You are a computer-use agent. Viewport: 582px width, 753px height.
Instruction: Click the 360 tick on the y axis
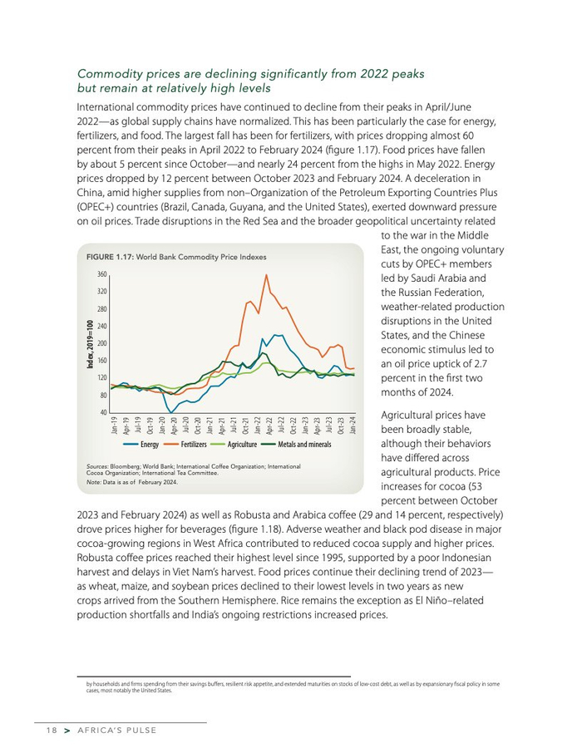point(101,274)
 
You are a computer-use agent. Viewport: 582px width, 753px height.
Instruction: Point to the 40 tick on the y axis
point(103,412)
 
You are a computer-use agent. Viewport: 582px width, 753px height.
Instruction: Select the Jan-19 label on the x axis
point(114,426)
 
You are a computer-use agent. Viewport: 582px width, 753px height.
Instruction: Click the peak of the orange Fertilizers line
point(266,275)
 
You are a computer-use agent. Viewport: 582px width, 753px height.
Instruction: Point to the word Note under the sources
point(95,482)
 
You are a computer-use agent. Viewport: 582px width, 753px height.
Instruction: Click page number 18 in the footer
point(52,731)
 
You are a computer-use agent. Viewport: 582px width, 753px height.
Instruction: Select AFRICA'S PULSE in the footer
point(116,731)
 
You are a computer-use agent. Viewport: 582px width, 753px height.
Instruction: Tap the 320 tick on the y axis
point(101,292)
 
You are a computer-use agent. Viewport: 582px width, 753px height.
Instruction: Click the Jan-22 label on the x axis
point(258,426)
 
